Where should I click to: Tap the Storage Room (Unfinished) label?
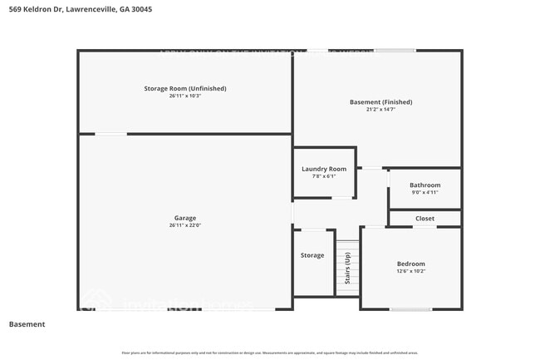pyautogui.click(x=185, y=88)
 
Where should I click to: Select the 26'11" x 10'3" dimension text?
pyautogui.click(x=185, y=96)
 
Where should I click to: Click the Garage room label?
pyautogui.click(x=184, y=218)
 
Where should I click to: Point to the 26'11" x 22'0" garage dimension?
pyautogui.click(x=184, y=225)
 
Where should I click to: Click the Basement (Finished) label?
pyautogui.click(x=380, y=102)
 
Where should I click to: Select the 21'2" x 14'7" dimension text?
pyautogui.click(x=380, y=110)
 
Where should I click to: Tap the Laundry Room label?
pyautogui.click(x=324, y=169)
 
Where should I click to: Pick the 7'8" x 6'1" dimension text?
pyautogui.click(x=324, y=176)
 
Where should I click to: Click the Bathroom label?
pyautogui.click(x=425, y=185)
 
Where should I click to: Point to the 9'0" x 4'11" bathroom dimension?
pyautogui.click(x=425, y=192)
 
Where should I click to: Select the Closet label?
pyautogui.click(x=425, y=219)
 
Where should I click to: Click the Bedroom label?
pyautogui.click(x=410, y=264)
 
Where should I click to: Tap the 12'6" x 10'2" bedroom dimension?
pyautogui.click(x=410, y=271)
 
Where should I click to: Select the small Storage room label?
pyautogui.click(x=312, y=255)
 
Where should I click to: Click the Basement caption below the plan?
pyautogui.click(x=27, y=324)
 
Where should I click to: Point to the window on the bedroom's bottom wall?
pyautogui.click(x=411, y=309)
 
